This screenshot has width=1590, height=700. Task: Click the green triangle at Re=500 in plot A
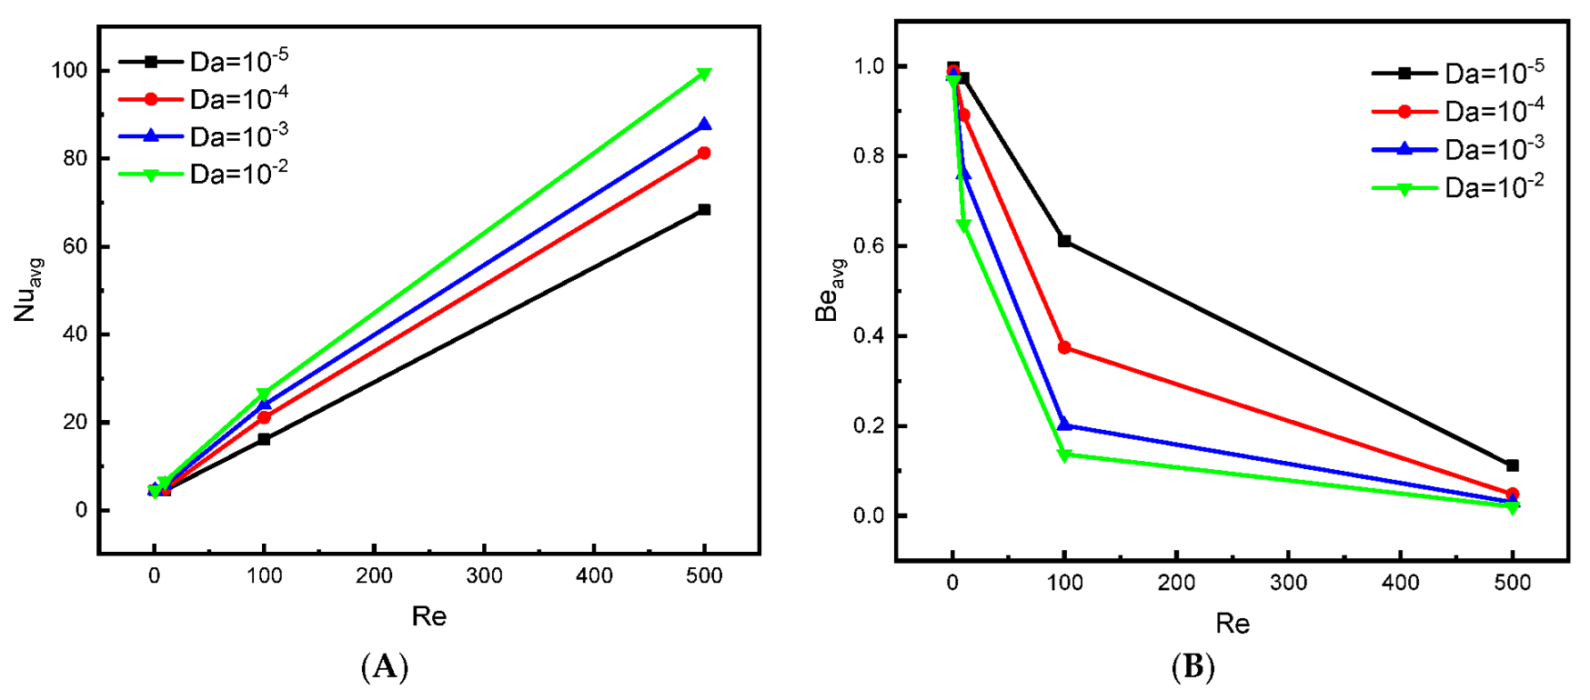tap(704, 75)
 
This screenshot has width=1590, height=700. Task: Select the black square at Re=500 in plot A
tap(704, 210)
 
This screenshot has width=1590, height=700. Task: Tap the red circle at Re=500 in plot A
tap(704, 154)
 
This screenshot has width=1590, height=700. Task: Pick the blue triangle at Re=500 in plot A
tap(704, 125)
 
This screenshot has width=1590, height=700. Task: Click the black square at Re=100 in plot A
tap(265, 439)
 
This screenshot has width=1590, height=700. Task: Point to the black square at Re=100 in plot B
tap(1064, 241)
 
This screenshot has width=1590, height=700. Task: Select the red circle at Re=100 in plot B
tap(1064, 348)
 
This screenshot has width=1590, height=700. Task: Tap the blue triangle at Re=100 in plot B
tap(1064, 425)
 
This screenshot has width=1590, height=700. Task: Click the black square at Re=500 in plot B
tap(1512, 465)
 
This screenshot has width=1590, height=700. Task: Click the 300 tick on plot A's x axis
tap(484, 575)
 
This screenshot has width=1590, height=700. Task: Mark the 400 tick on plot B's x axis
tap(1400, 583)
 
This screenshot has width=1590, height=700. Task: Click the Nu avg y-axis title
tap(28, 290)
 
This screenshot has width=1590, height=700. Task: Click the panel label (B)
tap(1192, 668)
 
